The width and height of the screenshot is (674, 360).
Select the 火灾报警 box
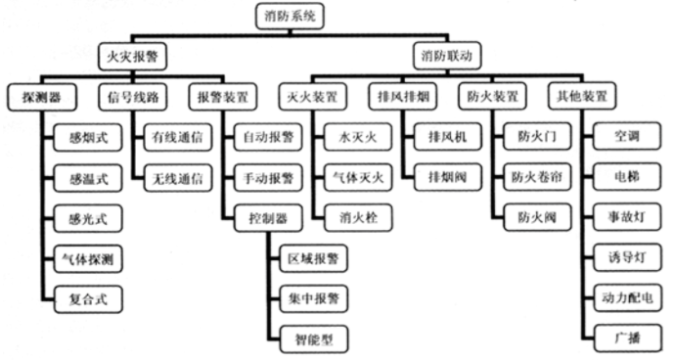point(130,57)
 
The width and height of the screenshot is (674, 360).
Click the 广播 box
point(624,337)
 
